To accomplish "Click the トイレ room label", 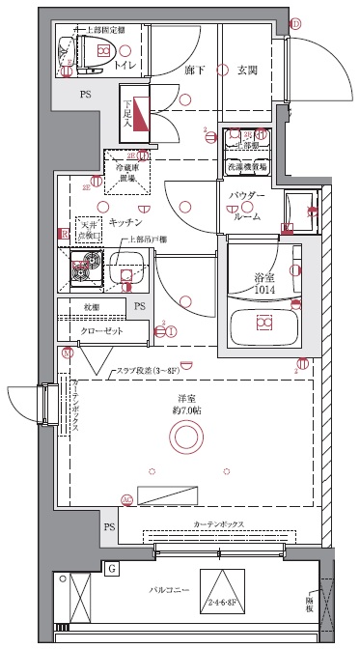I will pos(125,66).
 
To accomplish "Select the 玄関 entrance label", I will pos(247,69).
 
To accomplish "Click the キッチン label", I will pos(126,221).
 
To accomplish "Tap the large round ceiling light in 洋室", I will pos(183,439).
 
